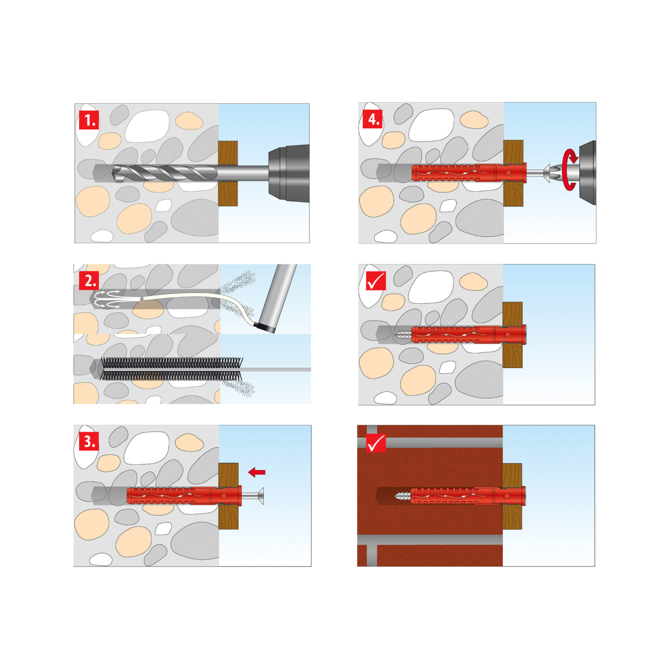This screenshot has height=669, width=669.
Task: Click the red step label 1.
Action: pos(89,120)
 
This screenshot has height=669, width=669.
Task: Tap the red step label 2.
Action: pos(89,280)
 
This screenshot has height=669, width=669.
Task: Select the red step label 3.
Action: pos(89,441)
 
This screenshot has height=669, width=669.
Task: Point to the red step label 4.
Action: pos(373,119)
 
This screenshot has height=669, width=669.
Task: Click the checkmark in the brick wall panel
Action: pos(376,443)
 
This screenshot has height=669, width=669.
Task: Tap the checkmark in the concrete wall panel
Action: pos(376,280)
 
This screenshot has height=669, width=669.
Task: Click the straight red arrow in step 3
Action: pos(257,472)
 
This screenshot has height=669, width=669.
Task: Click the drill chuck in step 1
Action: pos(288,173)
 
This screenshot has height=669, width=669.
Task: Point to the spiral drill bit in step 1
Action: pos(163,173)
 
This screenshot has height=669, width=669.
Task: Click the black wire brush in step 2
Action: pos(172,369)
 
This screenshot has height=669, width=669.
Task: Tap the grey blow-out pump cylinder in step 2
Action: pos(276,299)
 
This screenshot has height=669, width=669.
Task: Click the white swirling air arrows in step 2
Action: pos(107,299)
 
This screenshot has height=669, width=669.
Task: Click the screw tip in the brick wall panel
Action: pos(403,496)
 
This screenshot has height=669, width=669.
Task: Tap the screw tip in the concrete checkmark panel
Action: pos(403,334)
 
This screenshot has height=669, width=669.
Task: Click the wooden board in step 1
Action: pos(228,173)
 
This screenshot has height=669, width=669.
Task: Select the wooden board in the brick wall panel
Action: pos(512,496)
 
